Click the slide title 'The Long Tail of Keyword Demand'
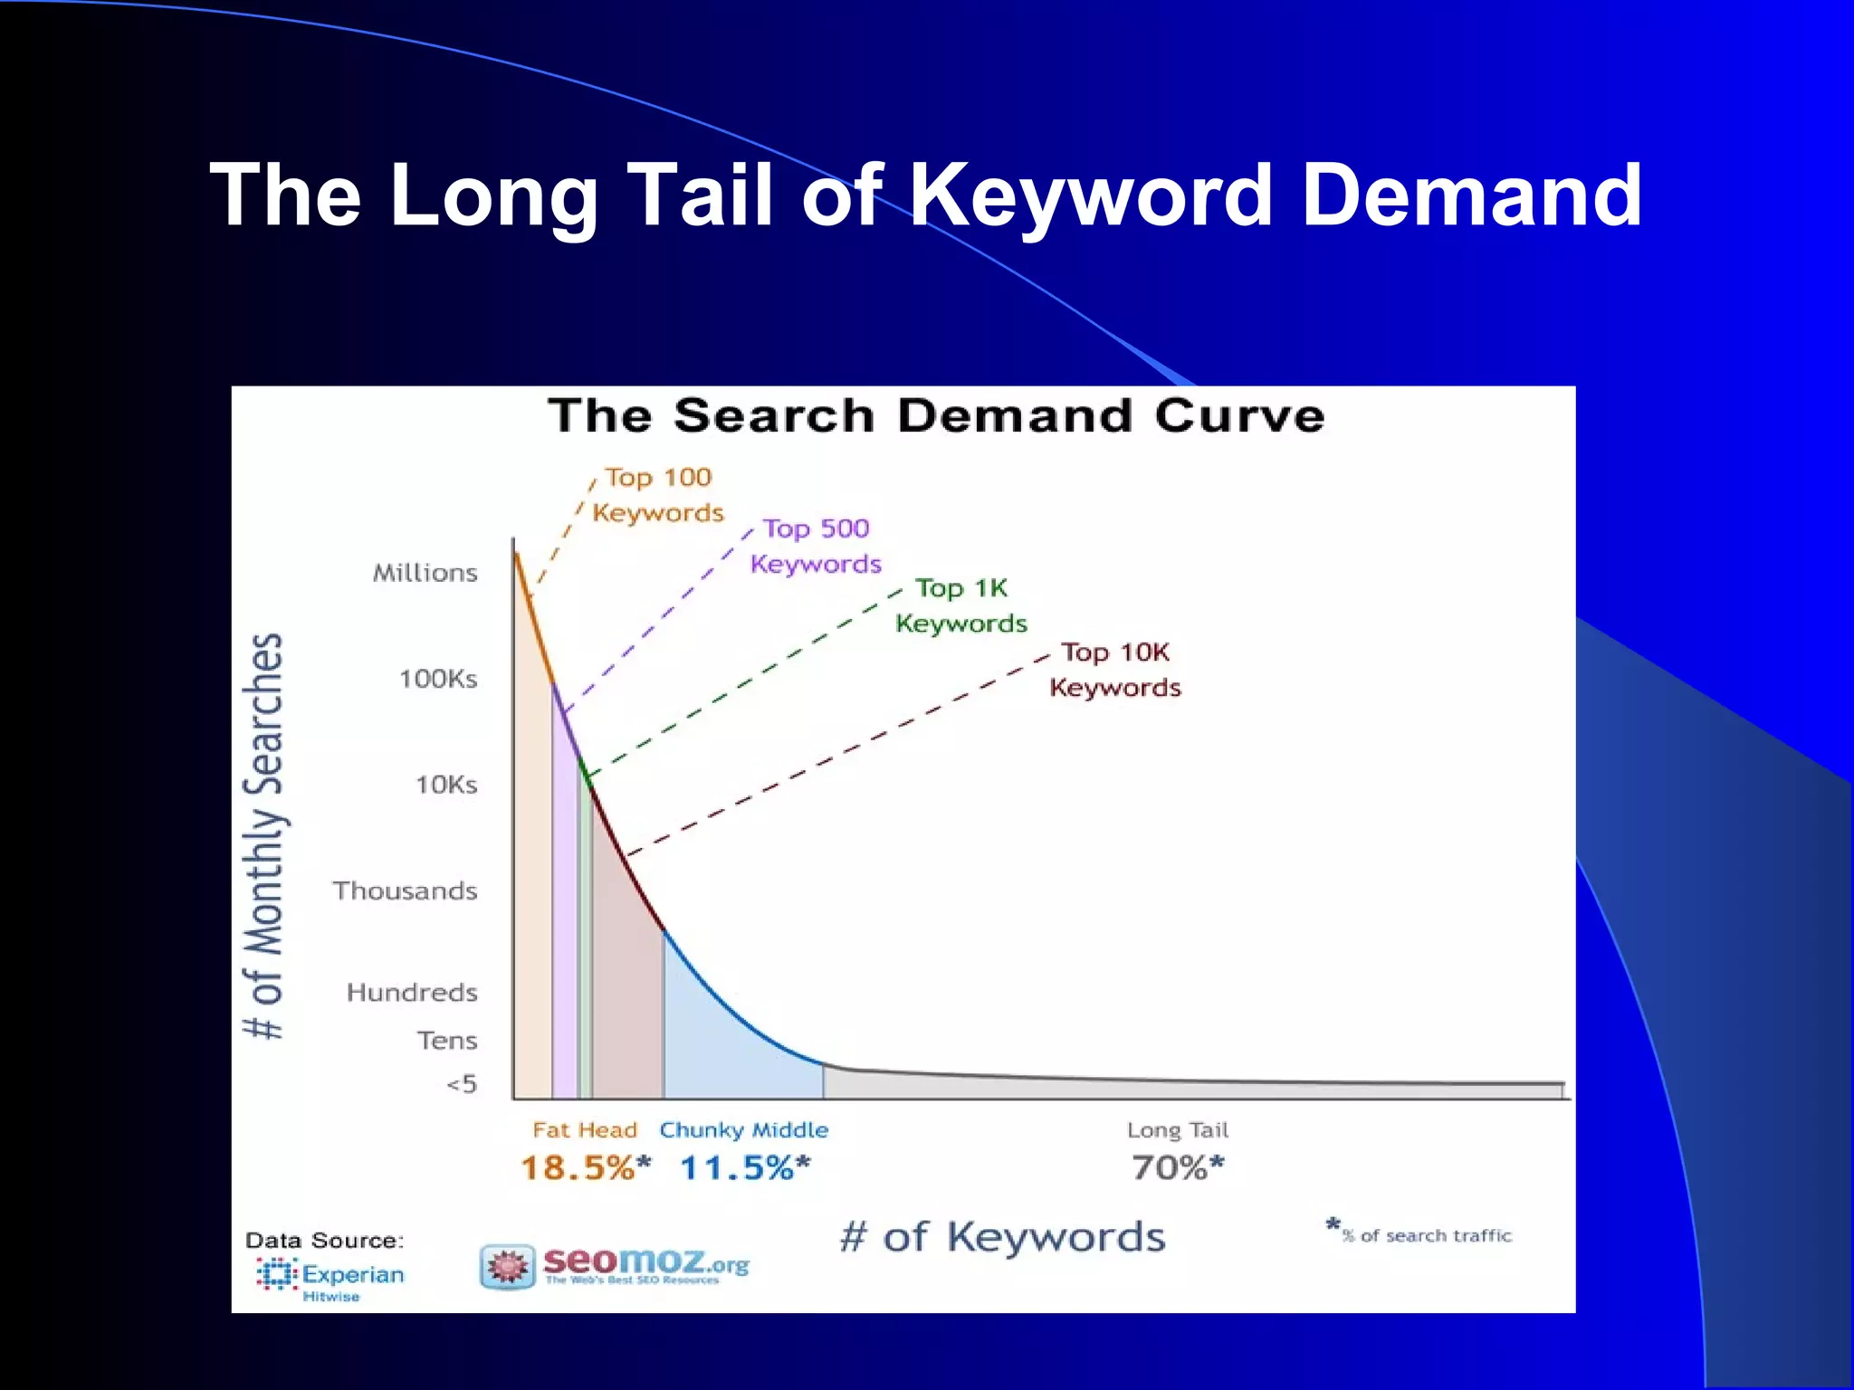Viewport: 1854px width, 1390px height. pos(925,195)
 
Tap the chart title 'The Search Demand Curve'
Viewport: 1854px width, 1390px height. pos(936,416)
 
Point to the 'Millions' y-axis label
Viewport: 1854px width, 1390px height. pos(425,573)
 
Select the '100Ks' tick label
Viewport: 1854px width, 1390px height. pos(438,679)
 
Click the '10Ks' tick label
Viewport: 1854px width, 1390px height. pos(446,785)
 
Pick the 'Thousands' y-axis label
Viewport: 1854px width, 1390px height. pos(405,890)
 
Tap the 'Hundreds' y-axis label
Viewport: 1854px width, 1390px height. pos(412,993)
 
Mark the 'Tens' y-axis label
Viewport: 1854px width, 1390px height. pos(446,1041)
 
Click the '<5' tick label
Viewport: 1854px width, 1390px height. pos(462,1084)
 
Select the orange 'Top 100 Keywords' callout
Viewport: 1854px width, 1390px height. pos(658,495)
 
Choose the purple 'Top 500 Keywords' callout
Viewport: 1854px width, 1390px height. pos(816,546)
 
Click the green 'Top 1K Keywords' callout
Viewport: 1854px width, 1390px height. pos(961,605)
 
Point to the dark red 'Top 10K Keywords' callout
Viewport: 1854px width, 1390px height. pos(1115,670)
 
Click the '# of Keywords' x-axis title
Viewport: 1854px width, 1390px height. pos(1002,1237)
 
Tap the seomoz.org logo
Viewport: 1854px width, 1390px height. pos(616,1264)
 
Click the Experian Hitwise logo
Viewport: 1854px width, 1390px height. pos(330,1277)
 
